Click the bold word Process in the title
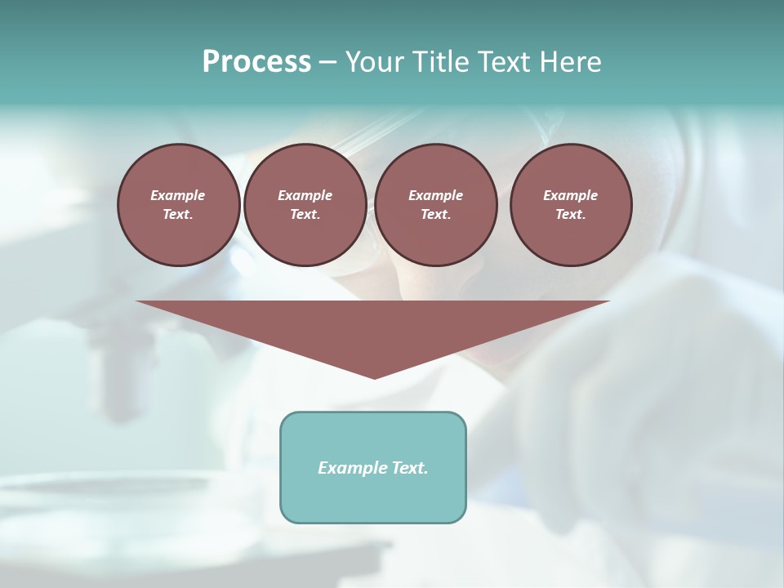[256, 62]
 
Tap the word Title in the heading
[438, 62]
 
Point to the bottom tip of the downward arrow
[374, 376]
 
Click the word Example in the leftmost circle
[178, 196]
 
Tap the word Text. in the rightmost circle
[571, 215]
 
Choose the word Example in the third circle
[435, 196]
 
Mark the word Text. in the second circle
[305, 215]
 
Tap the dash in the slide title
[327, 63]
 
